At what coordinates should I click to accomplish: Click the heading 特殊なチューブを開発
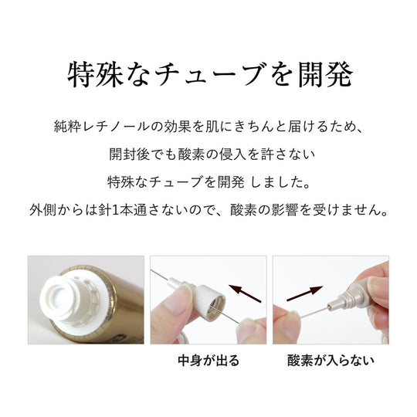[210, 75]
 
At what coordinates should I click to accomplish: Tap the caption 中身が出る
[208, 361]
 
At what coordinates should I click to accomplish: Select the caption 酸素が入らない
[331, 361]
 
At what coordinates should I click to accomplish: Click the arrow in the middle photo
[245, 293]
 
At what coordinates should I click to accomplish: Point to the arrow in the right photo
[305, 293]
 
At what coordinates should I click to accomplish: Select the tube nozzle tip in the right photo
[331, 307]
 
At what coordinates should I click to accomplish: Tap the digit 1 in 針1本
[115, 210]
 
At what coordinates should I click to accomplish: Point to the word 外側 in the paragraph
[42, 210]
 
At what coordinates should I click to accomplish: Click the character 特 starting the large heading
[80, 75]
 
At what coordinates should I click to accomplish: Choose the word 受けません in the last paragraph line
[349, 210]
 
